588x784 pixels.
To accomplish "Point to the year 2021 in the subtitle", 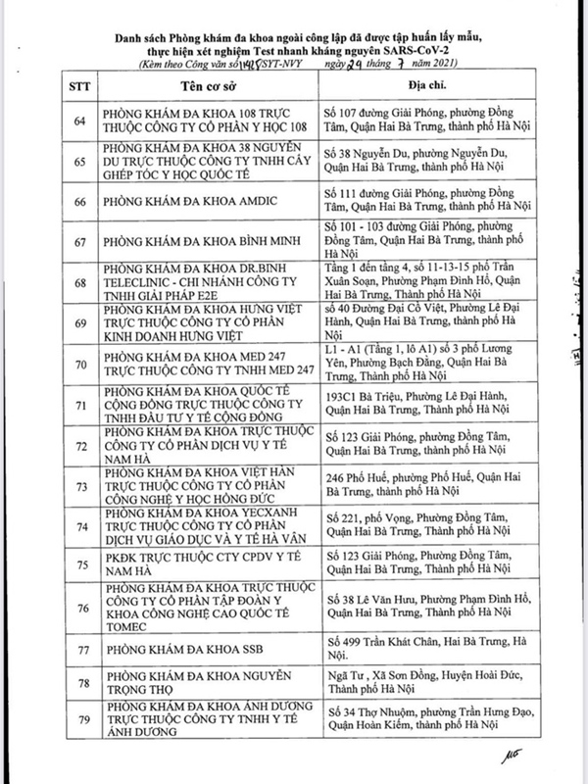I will coord(445,62).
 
